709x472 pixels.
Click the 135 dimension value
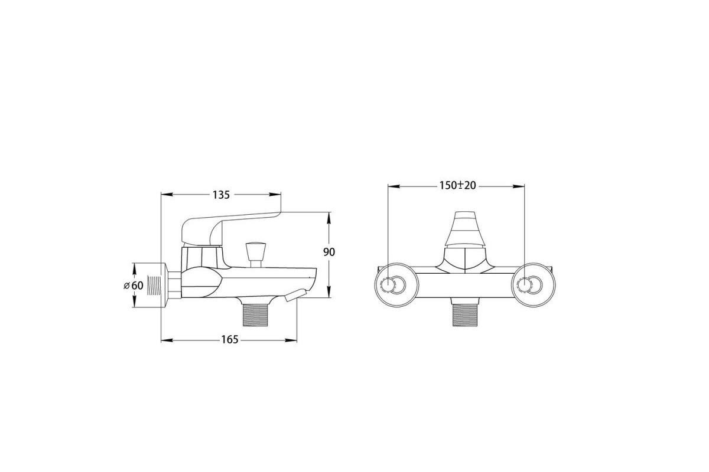click(221, 195)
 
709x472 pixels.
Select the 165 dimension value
click(229, 340)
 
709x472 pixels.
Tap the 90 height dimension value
click(329, 253)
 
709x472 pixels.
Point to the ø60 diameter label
click(134, 286)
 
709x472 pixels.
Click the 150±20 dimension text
click(457, 186)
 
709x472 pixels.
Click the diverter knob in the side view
click(256, 255)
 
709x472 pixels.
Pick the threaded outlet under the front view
click(465, 315)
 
